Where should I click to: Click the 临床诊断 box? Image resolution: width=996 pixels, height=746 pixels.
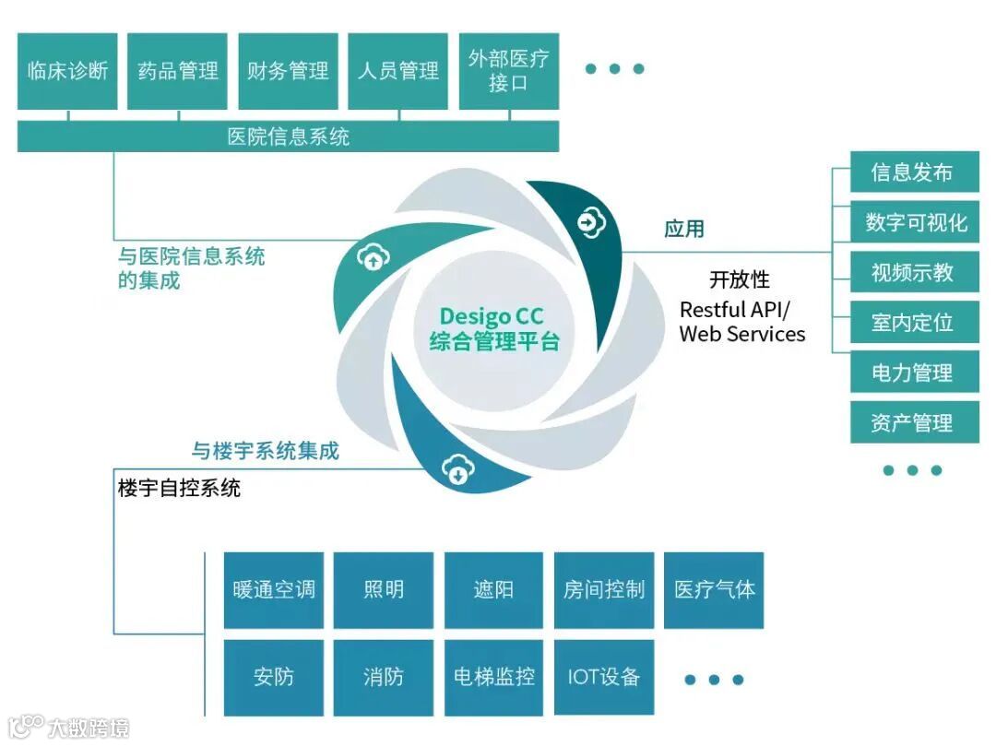(x=67, y=71)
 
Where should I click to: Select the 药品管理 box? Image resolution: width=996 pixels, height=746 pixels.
(x=178, y=71)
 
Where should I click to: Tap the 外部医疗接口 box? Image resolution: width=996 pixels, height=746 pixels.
(x=508, y=71)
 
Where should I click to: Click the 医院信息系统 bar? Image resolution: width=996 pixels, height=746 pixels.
(x=288, y=137)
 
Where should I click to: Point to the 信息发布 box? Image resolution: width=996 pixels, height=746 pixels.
(x=913, y=172)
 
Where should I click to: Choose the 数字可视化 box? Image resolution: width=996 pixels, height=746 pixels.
(x=913, y=223)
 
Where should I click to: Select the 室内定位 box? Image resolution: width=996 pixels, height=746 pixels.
(x=913, y=323)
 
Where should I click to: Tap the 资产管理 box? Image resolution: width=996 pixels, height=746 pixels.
(x=913, y=423)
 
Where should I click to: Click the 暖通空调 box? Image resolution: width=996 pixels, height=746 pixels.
(x=274, y=590)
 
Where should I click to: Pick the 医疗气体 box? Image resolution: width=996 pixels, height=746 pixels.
(x=714, y=590)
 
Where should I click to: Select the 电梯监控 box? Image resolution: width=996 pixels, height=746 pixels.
(x=494, y=677)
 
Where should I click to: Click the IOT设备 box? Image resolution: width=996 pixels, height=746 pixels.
(x=604, y=677)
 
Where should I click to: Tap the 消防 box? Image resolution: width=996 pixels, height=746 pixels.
(x=384, y=677)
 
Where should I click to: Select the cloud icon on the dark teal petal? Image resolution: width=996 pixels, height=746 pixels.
(x=589, y=221)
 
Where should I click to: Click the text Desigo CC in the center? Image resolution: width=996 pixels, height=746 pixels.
(x=492, y=318)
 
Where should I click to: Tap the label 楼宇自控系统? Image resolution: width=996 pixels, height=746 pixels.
(x=179, y=488)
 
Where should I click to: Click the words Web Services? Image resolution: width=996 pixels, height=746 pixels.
(x=742, y=334)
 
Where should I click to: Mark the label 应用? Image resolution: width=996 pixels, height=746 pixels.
(x=684, y=229)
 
